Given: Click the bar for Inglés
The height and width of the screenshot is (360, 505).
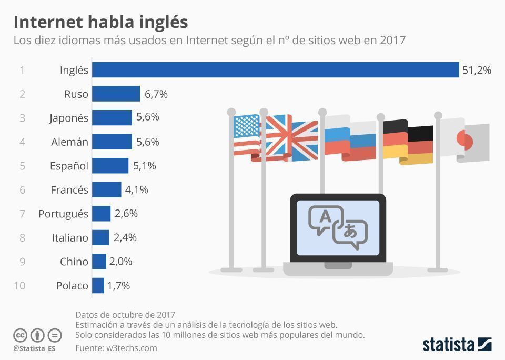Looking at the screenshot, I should coord(276,70).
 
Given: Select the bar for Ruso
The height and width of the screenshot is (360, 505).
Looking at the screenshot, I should coord(116,94).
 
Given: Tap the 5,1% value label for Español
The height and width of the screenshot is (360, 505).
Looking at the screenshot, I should coord(144,166).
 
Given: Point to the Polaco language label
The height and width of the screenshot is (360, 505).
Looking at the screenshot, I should coord(72,286).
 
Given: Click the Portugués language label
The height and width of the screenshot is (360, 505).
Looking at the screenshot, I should coord(63,214).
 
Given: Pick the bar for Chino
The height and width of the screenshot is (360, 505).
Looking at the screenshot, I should coord(99,262).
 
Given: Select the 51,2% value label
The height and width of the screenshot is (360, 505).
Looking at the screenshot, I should coord(477,70).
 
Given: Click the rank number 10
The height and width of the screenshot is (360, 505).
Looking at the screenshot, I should coord(19,286).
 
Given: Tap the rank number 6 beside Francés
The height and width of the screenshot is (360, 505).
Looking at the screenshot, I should coord(22,189).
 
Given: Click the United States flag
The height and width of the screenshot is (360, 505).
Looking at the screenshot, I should coord(247,134).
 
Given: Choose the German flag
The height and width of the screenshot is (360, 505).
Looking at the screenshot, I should coord(408,142).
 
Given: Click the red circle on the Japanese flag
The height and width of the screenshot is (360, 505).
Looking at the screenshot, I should coord(465,140).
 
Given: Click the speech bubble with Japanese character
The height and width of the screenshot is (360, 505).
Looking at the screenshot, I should coord(350,233).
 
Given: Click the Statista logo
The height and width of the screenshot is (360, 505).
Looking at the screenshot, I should coord(457,345).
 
